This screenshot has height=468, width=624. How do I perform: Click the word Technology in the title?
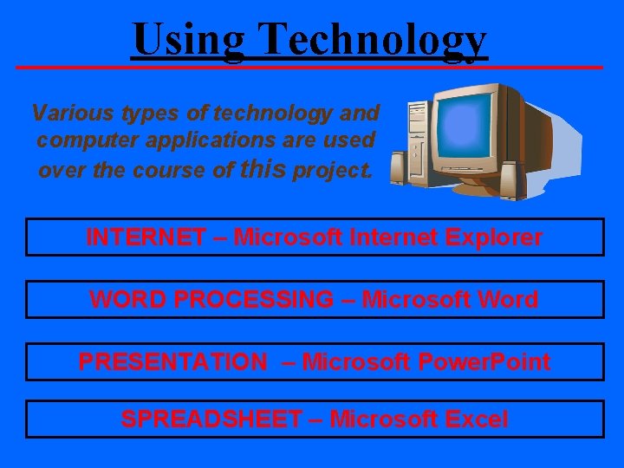[x=374, y=39]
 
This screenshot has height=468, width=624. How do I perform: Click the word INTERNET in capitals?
[x=146, y=237]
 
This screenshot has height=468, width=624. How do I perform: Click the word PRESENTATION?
[x=172, y=361]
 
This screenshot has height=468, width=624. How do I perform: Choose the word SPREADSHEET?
[x=210, y=419]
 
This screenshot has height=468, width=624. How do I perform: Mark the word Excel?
[x=476, y=419]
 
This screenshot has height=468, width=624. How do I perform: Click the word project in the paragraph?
[x=333, y=169]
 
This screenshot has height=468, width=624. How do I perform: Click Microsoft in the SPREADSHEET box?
[x=384, y=419]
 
